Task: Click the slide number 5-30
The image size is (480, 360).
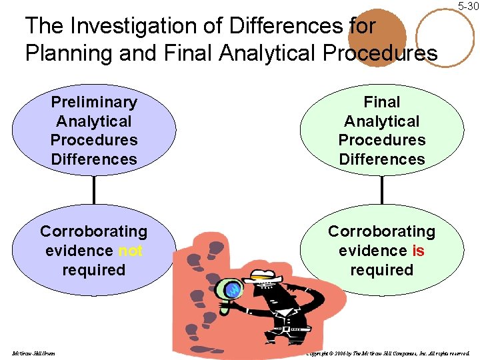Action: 468,6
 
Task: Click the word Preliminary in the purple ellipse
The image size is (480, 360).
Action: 94,102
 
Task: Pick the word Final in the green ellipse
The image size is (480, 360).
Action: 381,102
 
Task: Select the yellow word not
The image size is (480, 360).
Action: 131,251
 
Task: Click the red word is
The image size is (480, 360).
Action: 418,251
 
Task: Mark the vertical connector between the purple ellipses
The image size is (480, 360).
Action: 94,189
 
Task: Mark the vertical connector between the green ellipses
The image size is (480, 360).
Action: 381,189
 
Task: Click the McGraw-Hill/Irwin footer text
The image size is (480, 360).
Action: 33,353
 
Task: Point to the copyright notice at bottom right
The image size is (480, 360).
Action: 387,353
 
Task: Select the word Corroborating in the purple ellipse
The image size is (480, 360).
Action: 94,231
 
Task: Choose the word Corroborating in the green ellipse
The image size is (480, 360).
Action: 381,231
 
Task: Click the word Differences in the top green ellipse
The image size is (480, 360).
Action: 381,159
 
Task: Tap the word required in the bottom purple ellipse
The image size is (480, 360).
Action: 94,270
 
